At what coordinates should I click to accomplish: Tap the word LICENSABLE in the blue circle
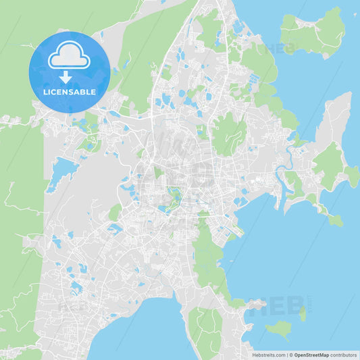point(69,92)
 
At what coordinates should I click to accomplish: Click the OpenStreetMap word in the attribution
point(311,355)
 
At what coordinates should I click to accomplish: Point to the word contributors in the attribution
point(343,355)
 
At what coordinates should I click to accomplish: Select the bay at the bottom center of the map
point(138,331)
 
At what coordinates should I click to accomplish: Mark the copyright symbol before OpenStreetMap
point(290,355)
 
